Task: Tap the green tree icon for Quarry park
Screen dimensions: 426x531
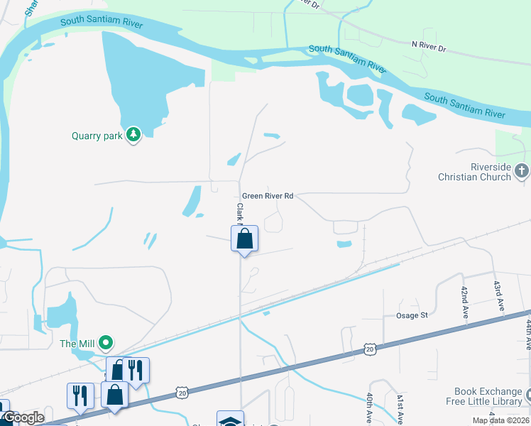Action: (x=133, y=134)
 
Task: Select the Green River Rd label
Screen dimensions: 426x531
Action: (x=268, y=196)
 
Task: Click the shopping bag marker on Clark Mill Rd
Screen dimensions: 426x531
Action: (x=244, y=239)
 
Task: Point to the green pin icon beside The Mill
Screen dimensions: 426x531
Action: (x=106, y=344)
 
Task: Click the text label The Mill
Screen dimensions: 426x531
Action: (x=77, y=344)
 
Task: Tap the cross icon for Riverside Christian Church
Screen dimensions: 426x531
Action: (x=522, y=170)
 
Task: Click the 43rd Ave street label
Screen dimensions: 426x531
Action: (x=499, y=294)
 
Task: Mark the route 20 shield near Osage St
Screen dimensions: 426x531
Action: (x=369, y=349)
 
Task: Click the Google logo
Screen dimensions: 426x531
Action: (x=23, y=418)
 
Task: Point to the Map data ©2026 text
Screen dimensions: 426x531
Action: (x=500, y=420)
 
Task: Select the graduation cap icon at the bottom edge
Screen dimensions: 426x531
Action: (x=231, y=420)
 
